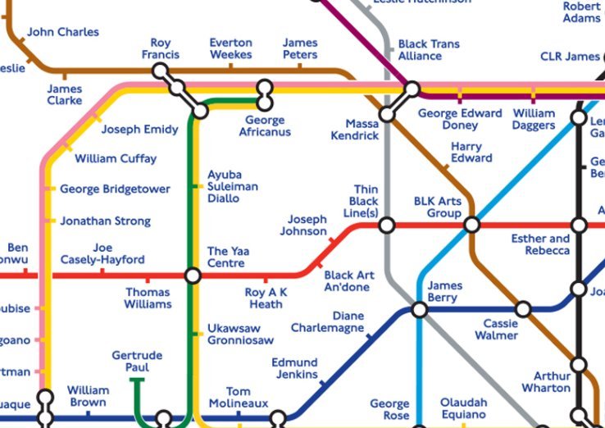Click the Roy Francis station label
(161, 49)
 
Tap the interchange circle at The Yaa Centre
(193, 275)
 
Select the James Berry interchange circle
(419, 310)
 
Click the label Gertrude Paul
(137, 362)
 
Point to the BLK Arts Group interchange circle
(471, 224)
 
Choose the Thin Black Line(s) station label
(364, 202)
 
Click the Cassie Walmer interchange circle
(522, 309)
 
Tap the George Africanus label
(265, 125)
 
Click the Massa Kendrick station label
(355, 130)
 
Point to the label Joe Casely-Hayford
(102, 253)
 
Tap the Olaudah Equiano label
(463, 408)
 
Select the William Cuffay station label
(116, 159)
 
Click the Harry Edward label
(471, 153)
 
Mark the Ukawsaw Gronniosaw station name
(240, 334)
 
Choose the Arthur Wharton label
(546, 382)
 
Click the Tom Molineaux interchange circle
(279, 418)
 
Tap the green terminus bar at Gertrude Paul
(137, 380)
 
